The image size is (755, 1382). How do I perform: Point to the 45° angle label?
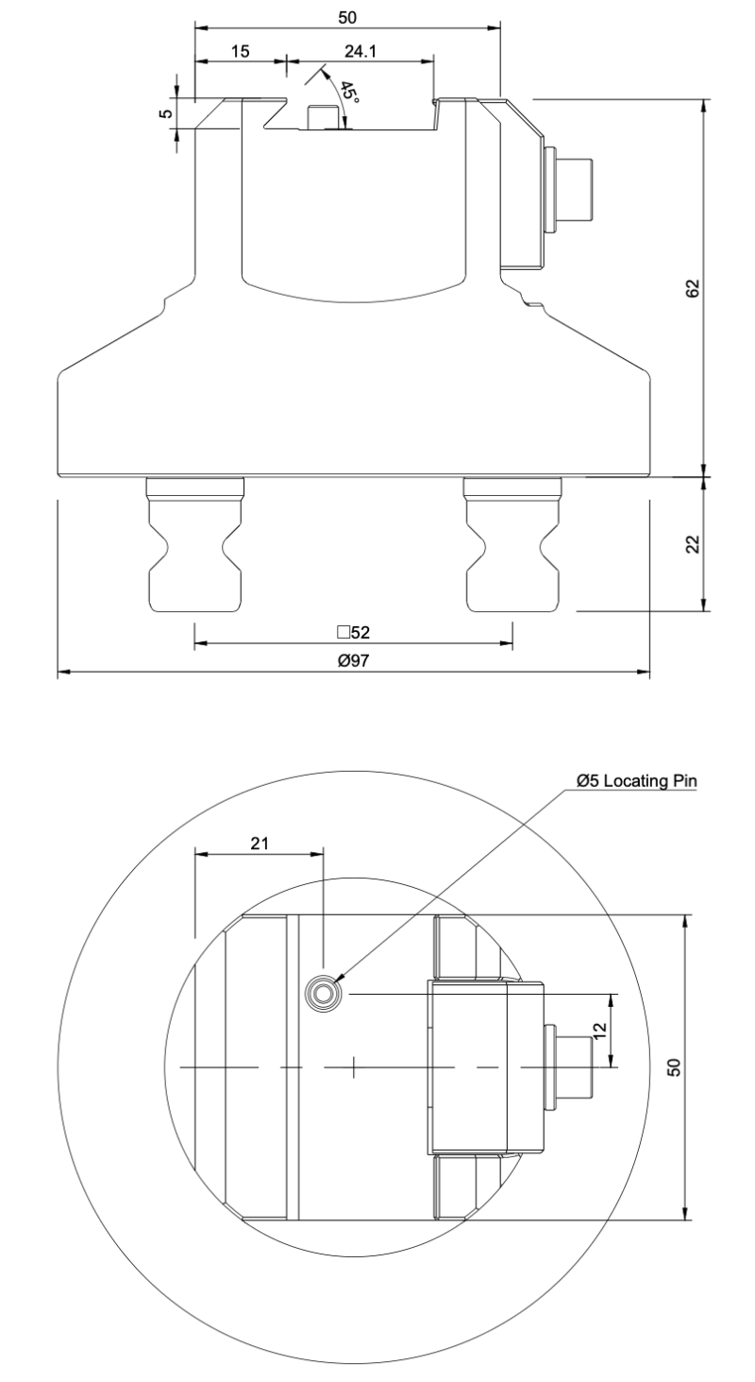(349, 93)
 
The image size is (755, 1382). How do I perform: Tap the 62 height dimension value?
(693, 288)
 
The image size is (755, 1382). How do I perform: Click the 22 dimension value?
(693, 544)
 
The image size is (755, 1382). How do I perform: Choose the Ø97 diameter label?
(353, 660)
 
